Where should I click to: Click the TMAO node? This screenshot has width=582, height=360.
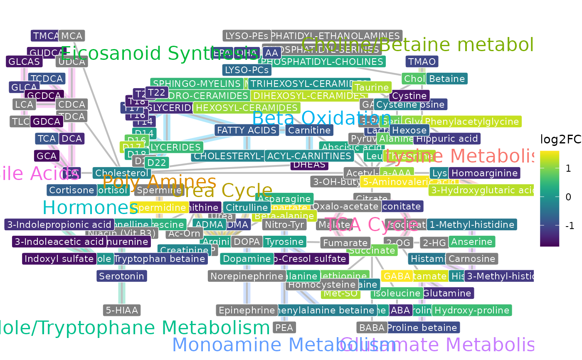pos(422,62)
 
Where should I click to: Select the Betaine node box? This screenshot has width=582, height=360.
pos(447,79)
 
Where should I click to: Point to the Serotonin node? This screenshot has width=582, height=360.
pos(122,276)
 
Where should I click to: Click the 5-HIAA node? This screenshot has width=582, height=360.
pos(122,310)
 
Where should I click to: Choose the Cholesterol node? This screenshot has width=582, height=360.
pos(121,173)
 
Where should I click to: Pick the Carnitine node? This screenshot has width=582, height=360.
pos(310,130)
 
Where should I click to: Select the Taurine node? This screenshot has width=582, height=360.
pos(372,87)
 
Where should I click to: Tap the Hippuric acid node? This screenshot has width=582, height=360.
pos(447,138)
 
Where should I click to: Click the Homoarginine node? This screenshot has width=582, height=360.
pos(485,173)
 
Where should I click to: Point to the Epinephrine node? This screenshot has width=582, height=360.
pos(247,310)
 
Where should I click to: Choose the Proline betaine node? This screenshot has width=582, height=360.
pos(422,328)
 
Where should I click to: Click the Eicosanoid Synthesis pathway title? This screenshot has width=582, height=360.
pos(159,54)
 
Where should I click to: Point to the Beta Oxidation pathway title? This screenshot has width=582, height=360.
pos(321,118)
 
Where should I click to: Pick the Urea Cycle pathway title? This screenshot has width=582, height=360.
pos(222,191)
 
